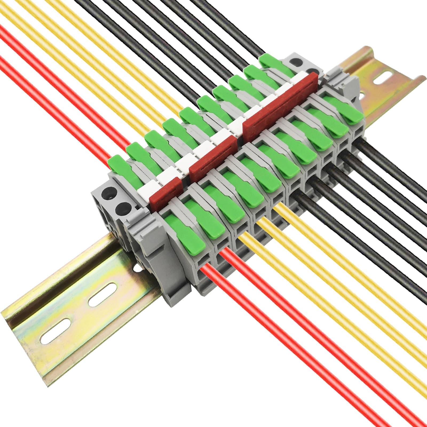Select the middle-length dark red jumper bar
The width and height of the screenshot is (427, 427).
click(213, 157)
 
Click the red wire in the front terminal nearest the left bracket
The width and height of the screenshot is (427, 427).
click(267, 320)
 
